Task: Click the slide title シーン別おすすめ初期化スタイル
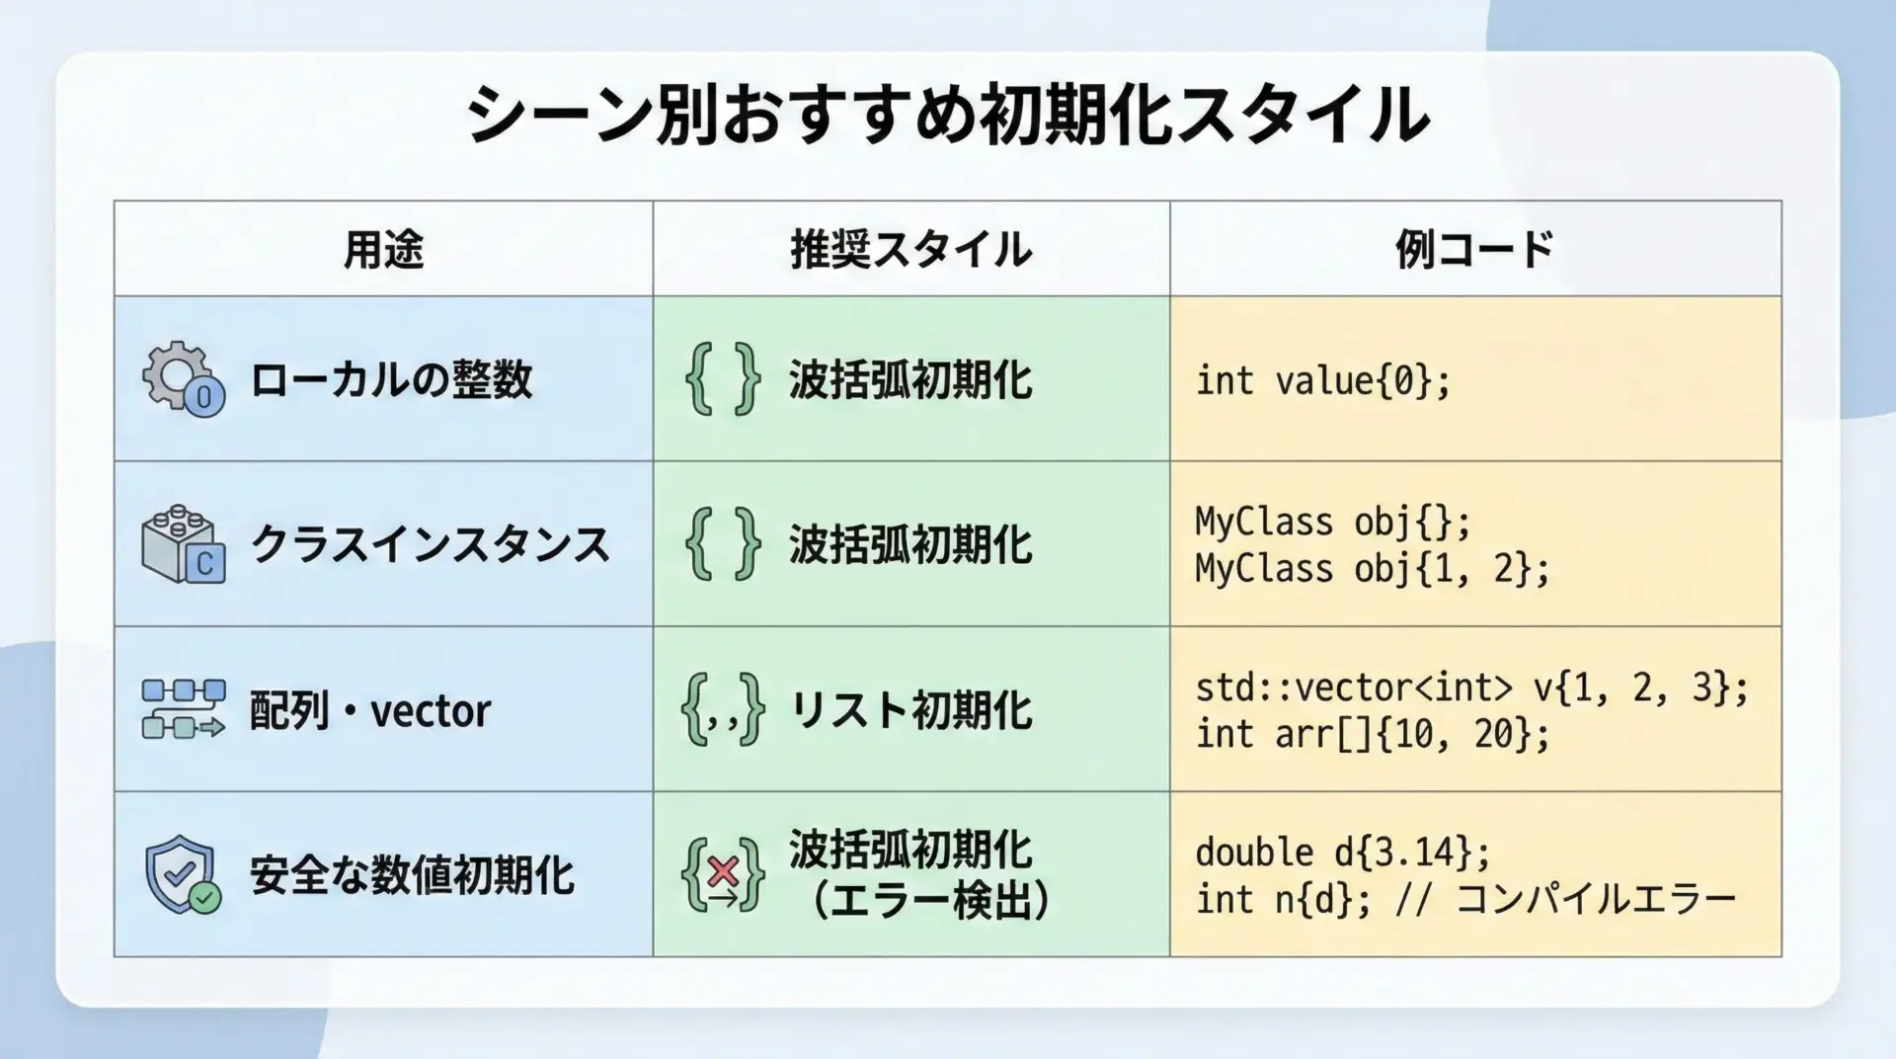point(948,115)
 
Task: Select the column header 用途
point(383,249)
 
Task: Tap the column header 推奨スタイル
point(910,249)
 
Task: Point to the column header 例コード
point(1474,249)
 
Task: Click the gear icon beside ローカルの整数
point(184,378)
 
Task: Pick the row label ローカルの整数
point(391,379)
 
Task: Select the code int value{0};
point(1323,380)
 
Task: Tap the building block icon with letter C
point(184,544)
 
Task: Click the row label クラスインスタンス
point(430,544)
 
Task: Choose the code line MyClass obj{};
point(1333,522)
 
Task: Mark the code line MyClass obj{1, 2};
point(1373,569)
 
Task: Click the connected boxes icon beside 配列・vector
point(184,709)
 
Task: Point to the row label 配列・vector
point(370,710)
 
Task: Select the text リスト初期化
point(910,710)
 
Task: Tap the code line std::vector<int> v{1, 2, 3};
point(1471,688)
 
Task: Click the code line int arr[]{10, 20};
point(1373,734)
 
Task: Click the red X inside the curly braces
point(724,870)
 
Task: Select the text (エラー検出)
point(929,900)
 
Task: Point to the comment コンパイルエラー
point(1596,899)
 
